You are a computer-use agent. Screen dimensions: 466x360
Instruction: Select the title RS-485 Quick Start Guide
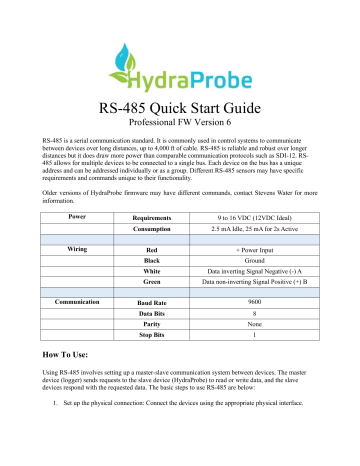click(x=180, y=109)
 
